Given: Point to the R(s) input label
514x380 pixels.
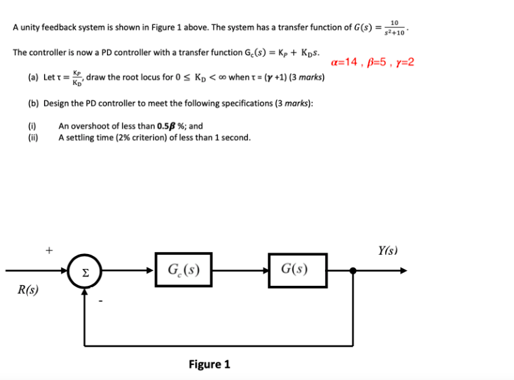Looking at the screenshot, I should (28, 290).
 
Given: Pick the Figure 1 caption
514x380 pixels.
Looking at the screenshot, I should (209, 364).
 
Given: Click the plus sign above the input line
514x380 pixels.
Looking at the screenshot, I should (49, 250).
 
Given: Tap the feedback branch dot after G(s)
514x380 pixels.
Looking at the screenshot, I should (352, 270).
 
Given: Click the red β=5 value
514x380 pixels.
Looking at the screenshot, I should (378, 62).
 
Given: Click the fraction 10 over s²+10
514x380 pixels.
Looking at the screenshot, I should (394, 28).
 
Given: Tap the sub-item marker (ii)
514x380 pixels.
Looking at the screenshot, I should (33, 138).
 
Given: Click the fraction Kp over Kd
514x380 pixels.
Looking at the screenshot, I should (79, 77).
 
